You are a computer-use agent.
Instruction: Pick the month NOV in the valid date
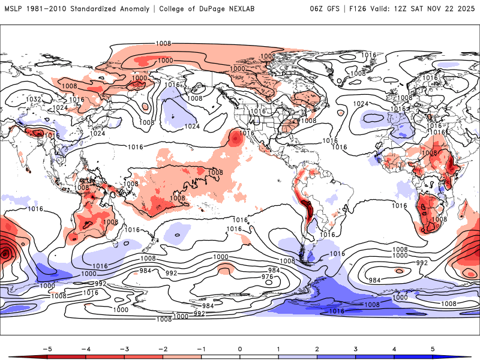(436, 8)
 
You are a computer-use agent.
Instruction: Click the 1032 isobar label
(34, 99)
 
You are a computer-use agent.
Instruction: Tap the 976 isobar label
(267, 277)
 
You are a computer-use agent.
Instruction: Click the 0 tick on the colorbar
(240, 349)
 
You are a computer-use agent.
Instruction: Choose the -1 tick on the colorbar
(201, 349)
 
